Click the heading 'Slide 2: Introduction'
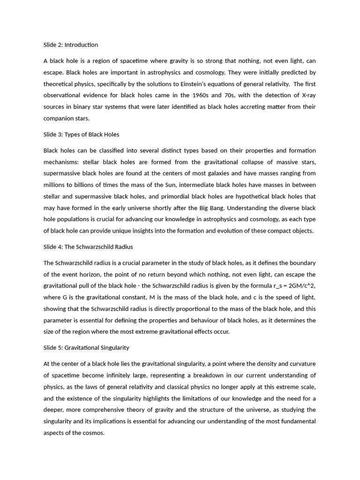[x=71, y=45]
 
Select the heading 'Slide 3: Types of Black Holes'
[x=81, y=135]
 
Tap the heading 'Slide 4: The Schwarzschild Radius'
[x=88, y=247]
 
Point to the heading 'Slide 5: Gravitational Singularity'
[x=86, y=348]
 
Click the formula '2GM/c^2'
[x=300, y=286]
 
